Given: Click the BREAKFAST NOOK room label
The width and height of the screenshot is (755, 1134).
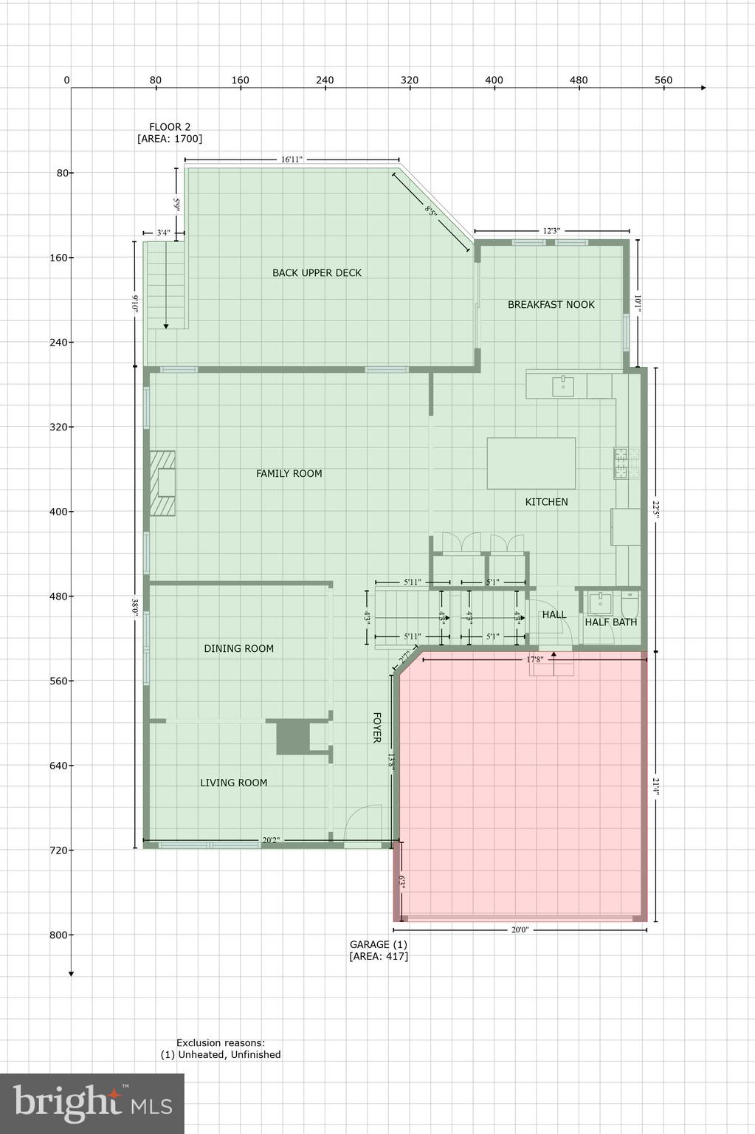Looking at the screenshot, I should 551,304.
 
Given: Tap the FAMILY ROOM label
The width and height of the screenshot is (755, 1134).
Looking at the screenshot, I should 289,473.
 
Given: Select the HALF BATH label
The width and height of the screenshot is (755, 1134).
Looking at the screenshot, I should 610,622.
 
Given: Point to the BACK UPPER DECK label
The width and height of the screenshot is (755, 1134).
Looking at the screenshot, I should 317,272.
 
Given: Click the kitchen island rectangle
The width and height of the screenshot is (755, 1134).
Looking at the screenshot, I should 531,463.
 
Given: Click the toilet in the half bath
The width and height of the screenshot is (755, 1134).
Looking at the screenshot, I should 630,605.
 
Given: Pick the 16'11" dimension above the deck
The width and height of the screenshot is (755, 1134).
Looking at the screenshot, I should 292,159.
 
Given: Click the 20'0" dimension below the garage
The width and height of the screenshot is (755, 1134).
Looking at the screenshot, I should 520,929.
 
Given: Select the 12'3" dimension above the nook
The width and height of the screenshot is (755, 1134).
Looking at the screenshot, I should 551,231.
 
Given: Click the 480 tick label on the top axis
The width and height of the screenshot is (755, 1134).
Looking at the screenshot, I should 579,80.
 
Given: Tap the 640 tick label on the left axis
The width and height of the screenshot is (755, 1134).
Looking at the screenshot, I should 58,766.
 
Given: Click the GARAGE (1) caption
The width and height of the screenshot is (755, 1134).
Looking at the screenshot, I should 378,944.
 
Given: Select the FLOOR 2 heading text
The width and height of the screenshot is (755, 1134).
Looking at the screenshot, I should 170,127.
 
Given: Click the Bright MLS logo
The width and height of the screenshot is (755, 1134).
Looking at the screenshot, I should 92,1103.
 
